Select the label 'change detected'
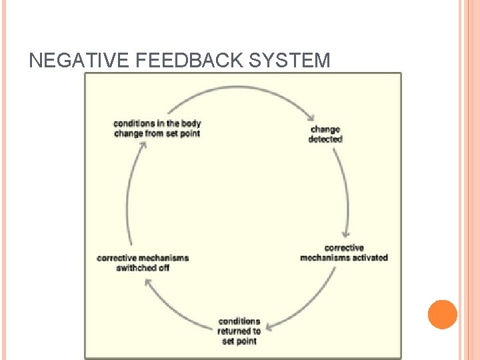(325, 134)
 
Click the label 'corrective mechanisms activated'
(343, 253)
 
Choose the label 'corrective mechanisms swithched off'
(143, 263)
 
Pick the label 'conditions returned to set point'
(239, 331)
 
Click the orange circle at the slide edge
(442, 315)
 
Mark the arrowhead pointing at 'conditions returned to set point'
(267, 327)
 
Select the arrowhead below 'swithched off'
(148, 282)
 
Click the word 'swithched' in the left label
(135, 268)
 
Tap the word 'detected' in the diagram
(325, 139)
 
